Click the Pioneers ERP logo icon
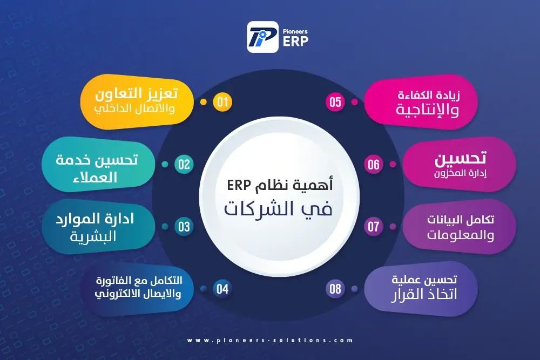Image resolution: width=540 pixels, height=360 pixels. pos(262,37)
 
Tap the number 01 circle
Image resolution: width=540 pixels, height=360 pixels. pos(222,102)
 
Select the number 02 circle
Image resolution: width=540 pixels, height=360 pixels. pos(184,165)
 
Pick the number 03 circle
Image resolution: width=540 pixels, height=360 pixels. pos(184,227)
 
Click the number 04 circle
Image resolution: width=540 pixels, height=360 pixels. pos(222,289)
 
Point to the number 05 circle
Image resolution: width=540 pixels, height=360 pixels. pos(335,102)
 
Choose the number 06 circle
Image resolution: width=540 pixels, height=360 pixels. pos(374,165)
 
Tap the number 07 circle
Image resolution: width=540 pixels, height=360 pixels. pos(374,227)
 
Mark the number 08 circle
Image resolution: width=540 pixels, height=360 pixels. pos(335,289)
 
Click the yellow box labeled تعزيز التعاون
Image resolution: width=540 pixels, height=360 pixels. pos(137,102)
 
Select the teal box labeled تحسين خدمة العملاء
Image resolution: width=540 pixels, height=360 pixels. pos(98,165)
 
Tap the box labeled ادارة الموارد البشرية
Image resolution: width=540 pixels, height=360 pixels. pos(98,227)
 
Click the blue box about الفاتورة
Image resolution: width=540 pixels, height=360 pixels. pos(137,289)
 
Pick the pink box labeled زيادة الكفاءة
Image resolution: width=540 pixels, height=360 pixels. pos(421,102)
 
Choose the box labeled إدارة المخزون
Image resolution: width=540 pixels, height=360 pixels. pos(460,165)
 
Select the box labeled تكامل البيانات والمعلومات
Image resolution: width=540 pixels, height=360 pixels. pos(460,227)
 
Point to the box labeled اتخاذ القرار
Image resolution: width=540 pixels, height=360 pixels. pos(421,289)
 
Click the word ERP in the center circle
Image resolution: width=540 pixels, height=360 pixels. pos(239,186)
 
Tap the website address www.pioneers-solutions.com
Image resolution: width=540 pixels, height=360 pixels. pos(270,341)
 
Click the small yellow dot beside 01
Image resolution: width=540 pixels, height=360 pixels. pos(204,102)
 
